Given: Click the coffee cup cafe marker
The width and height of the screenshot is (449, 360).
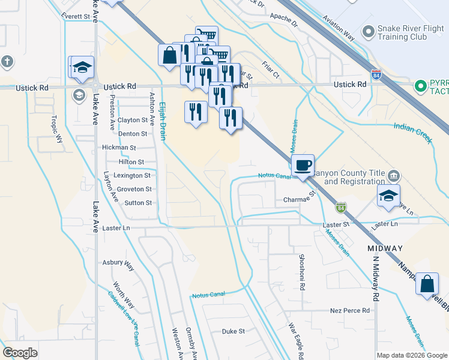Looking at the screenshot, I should (x=303, y=164).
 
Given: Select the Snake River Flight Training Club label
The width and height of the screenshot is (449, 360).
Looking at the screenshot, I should (x=402, y=32).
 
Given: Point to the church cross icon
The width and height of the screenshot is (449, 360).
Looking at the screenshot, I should (x=7, y=61).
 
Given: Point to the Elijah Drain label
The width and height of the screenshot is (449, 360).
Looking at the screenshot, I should (x=162, y=120).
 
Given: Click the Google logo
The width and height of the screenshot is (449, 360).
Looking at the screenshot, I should (x=20, y=353).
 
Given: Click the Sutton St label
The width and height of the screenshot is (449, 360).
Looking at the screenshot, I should (x=138, y=203).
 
